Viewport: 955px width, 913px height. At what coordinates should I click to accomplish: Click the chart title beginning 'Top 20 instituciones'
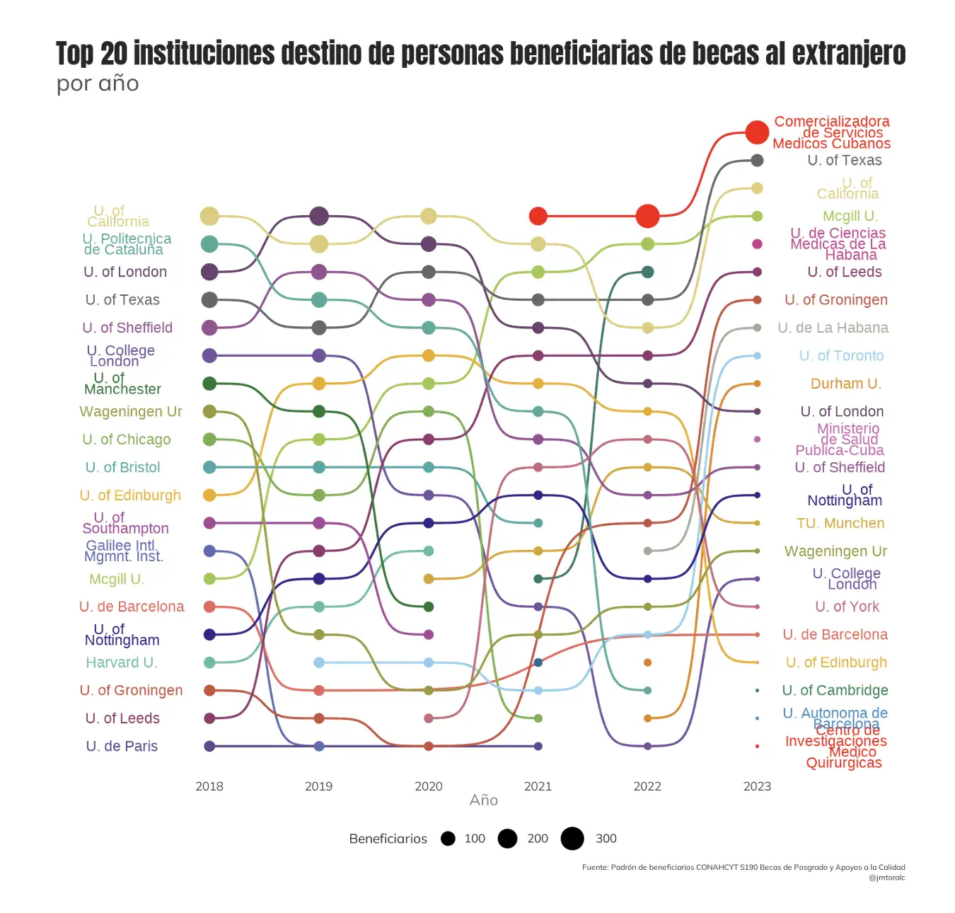coord(480,54)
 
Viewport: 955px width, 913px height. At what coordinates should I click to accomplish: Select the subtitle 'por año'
coord(98,84)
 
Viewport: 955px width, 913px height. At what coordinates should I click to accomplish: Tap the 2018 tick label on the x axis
coord(209,786)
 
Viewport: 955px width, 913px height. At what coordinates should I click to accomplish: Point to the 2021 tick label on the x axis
coord(538,786)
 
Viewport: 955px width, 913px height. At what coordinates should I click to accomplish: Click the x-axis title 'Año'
coord(484,800)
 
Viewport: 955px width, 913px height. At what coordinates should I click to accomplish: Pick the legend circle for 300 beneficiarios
coord(572,839)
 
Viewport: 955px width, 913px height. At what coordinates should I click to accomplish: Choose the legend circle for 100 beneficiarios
coord(448,839)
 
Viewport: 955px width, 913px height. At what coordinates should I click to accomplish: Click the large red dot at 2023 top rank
coord(757,132)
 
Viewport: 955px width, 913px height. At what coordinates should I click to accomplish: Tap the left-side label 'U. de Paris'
coord(122,746)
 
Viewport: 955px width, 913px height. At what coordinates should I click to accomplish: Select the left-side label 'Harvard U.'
coord(122,662)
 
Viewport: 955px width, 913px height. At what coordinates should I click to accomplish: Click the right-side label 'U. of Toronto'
coord(841,356)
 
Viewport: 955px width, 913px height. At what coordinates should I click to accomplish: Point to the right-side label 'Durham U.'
coord(845,384)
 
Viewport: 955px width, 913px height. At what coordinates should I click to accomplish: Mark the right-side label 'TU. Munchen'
coord(840,523)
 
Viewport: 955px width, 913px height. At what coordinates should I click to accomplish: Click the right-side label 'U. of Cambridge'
coord(835,690)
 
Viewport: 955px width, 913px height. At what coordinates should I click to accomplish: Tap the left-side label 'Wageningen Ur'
coord(131,412)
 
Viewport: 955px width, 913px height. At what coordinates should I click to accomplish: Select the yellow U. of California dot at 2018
coord(209,217)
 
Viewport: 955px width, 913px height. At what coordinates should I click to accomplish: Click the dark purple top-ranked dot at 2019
coord(319,216)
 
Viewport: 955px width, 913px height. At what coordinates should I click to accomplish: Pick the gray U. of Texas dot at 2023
coord(757,161)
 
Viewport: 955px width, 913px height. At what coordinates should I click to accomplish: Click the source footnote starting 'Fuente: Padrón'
coord(743,867)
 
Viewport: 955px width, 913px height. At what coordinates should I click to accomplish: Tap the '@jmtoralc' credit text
coord(886,878)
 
